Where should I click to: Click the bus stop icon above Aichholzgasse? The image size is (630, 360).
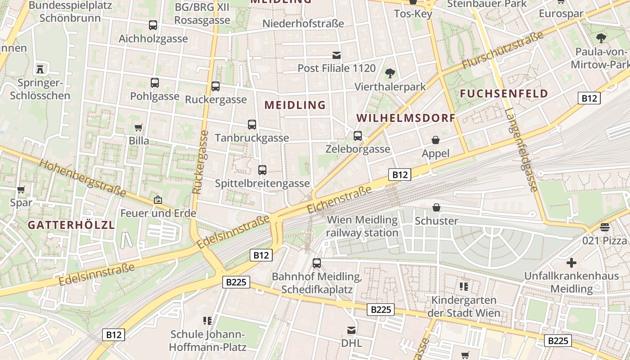tap(153, 25)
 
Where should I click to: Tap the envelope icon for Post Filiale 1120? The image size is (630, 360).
tap(336, 55)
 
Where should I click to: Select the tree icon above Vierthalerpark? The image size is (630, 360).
tap(390, 73)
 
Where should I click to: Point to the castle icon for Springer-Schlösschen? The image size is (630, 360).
tap(40, 69)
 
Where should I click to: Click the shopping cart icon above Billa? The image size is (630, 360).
tap(139, 128)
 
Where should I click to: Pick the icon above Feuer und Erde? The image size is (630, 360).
tap(158, 200)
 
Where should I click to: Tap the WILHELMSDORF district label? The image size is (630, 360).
tap(406, 118)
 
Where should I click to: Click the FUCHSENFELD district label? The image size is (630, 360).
tap(504, 94)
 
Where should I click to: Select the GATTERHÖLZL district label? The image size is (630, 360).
tap(71, 225)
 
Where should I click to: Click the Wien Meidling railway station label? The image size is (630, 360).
tap(362, 226)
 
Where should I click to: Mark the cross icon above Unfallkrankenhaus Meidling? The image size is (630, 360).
tap(571, 262)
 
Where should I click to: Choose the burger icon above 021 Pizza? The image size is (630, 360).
tap(604, 227)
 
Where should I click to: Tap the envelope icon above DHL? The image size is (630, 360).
tap(351, 330)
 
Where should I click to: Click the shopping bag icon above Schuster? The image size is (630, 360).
tap(436, 207)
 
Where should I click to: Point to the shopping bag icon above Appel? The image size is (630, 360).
tap(436, 140)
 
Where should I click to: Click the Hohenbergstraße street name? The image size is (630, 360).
tap(82, 178)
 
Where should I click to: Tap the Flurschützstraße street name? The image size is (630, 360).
tap(504, 49)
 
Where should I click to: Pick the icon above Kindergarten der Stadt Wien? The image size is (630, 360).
tap(464, 286)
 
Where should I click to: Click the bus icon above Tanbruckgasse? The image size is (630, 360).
tap(252, 125)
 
